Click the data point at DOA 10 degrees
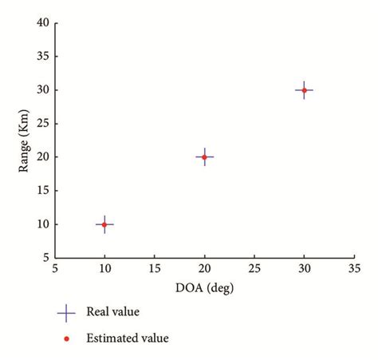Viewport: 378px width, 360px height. pos(104,224)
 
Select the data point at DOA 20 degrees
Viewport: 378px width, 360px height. pos(204,157)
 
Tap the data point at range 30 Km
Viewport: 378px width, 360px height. pos(304,90)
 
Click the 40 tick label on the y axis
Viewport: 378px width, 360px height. pos(42,23)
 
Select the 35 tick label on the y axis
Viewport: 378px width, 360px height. pos(42,57)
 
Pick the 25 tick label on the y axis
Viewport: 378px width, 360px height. pos(42,124)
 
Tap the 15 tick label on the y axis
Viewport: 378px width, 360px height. pos(42,191)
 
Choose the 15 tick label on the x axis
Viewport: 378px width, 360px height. pos(154,269)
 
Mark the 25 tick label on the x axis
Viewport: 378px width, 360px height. pos(254,269)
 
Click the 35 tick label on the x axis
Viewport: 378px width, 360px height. pos(353,269)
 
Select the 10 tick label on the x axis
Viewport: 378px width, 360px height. pos(104,269)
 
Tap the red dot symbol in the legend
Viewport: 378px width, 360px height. pos(66,338)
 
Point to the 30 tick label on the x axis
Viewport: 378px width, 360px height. pos(304,269)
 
